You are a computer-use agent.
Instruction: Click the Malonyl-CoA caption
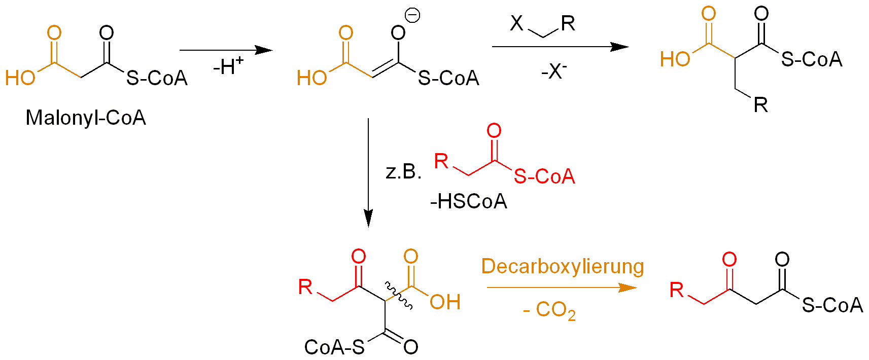pyautogui.click(x=86, y=118)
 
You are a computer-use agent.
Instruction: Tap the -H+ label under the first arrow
pyautogui.click(x=228, y=66)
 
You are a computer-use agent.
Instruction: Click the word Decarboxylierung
pyautogui.click(x=562, y=267)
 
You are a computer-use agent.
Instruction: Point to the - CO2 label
pyautogui.click(x=549, y=310)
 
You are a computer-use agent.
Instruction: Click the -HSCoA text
pyautogui.click(x=468, y=202)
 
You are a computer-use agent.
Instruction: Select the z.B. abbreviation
pyautogui.click(x=403, y=172)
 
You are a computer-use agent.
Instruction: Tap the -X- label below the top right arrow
pyautogui.click(x=554, y=71)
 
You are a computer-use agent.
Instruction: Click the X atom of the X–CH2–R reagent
pyautogui.click(x=516, y=23)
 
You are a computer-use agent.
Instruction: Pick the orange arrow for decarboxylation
pyautogui.click(x=561, y=287)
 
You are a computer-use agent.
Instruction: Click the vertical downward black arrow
pyautogui.click(x=368, y=172)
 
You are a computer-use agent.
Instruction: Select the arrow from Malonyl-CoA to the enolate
pyautogui.click(x=226, y=50)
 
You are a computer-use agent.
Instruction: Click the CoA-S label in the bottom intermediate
pyautogui.click(x=334, y=347)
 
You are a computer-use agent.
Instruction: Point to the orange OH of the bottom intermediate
pyautogui.click(x=445, y=302)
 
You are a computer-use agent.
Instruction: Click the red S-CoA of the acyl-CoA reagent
pyautogui.click(x=544, y=176)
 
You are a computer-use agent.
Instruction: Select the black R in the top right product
pyautogui.click(x=760, y=105)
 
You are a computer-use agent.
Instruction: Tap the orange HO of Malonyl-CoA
pyautogui.click(x=20, y=78)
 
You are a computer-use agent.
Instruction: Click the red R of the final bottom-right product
pyautogui.click(x=677, y=290)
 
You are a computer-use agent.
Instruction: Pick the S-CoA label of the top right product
pyautogui.click(x=812, y=60)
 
